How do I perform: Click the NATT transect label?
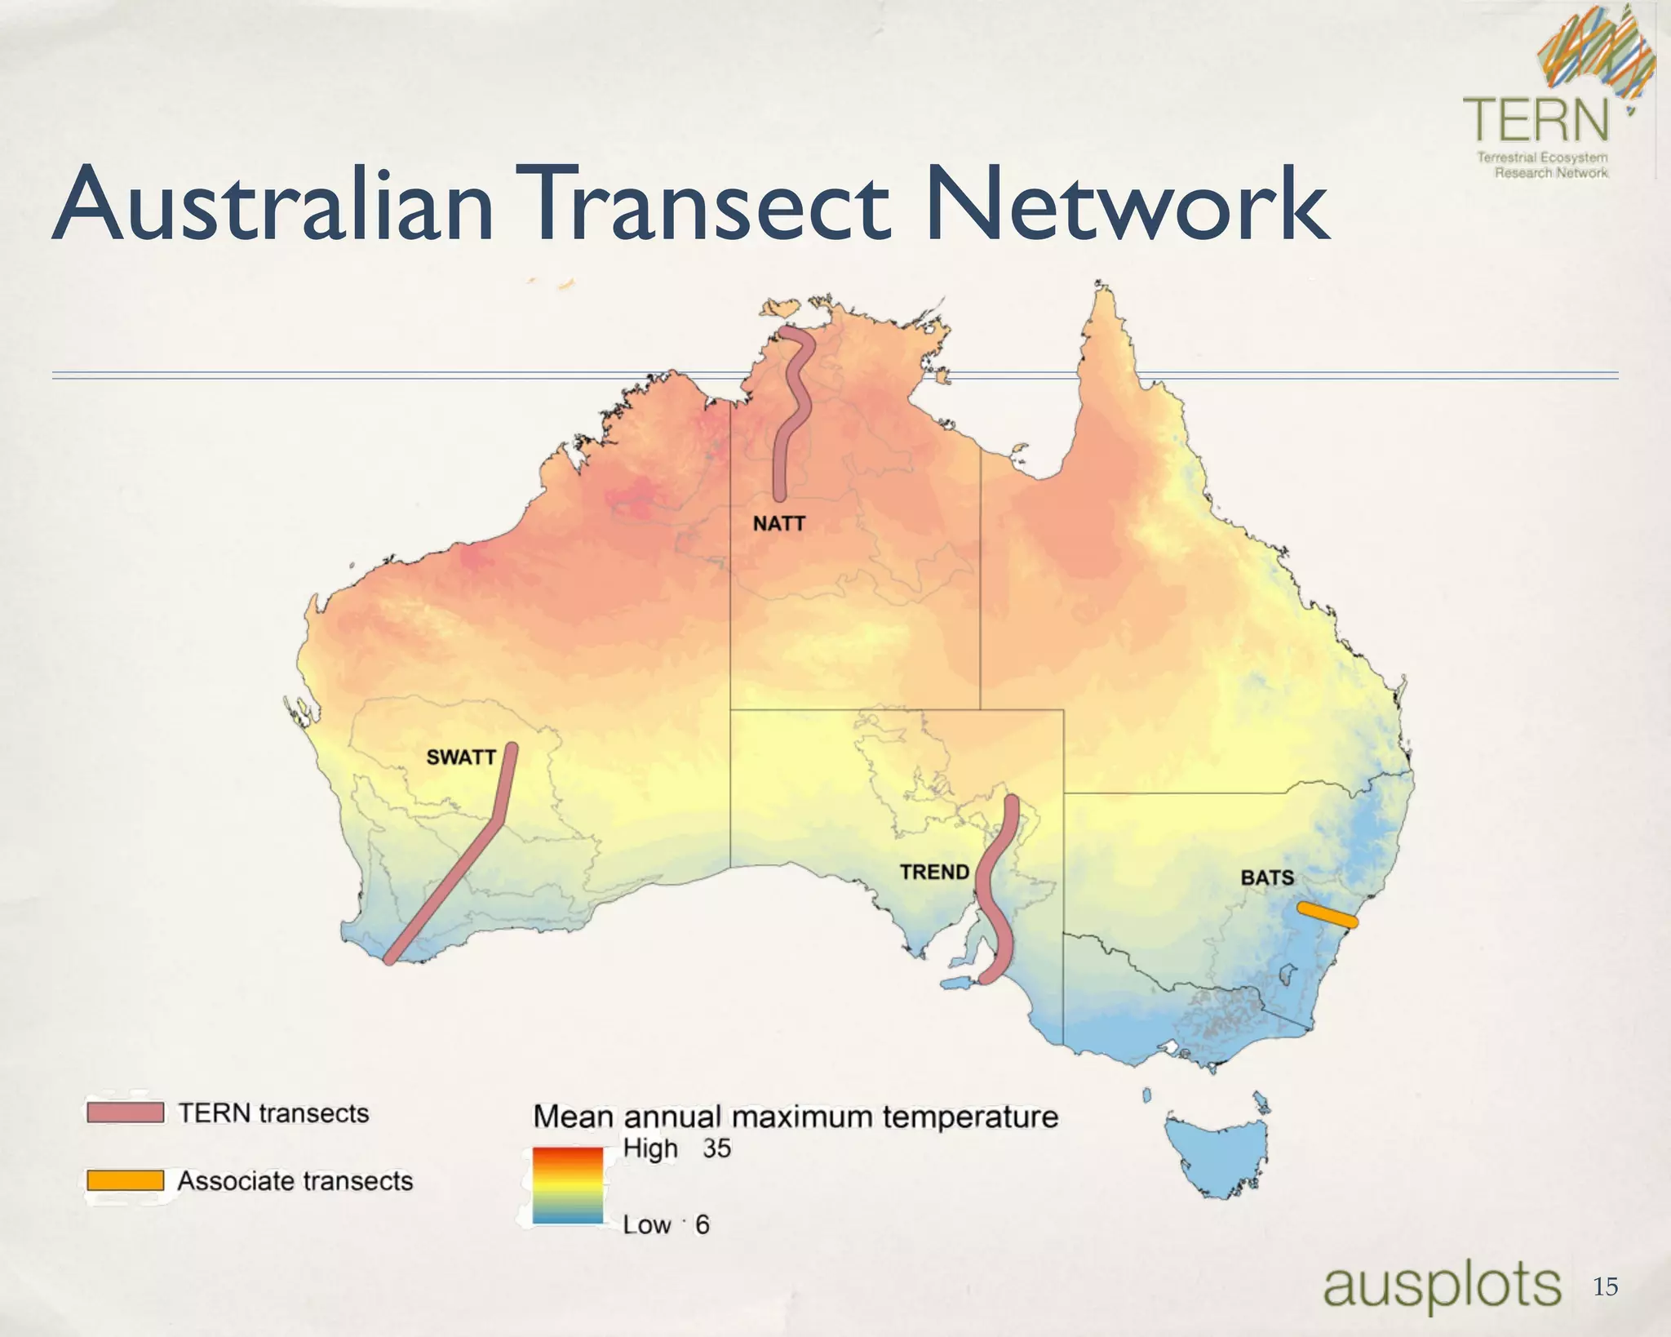(x=778, y=523)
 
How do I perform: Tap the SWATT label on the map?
(x=461, y=757)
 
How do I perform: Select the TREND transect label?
(x=934, y=872)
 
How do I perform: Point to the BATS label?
(x=1267, y=877)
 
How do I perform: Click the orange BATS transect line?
(x=1327, y=914)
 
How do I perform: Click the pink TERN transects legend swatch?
(x=126, y=1113)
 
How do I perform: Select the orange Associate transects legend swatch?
(x=126, y=1180)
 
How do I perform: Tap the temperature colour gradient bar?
(x=568, y=1185)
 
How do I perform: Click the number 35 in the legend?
(x=717, y=1148)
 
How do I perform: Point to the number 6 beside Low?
(x=702, y=1224)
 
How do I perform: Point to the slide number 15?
(x=1605, y=1287)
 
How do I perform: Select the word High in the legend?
(x=650, y=1148)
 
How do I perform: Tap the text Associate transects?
(x=295, y=1180)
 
